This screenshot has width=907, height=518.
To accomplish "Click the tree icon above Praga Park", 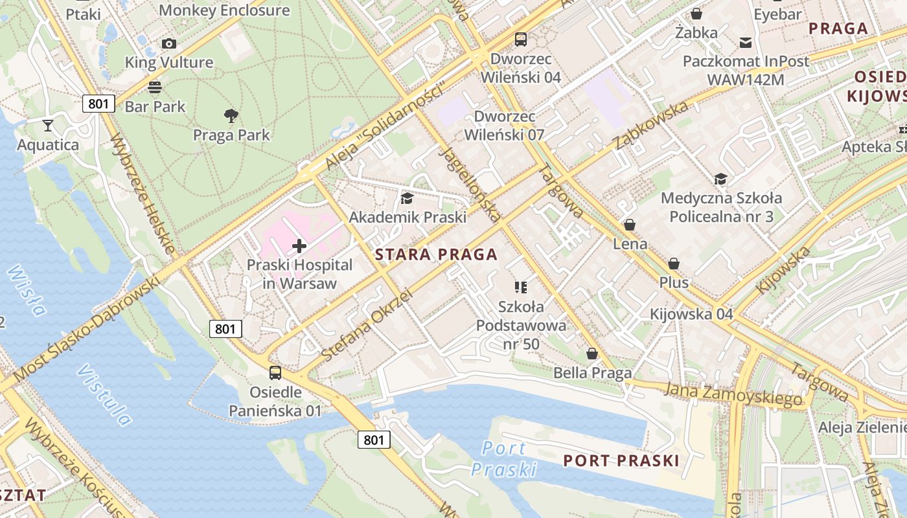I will tap(231, 116).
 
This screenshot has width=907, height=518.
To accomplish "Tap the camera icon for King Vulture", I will tap(169, 43).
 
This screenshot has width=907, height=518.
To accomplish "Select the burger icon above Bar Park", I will tap(155, 87).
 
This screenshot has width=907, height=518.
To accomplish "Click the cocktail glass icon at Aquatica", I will tap(48, 125).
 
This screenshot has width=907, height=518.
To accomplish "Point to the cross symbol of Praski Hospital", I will tap(299, 246).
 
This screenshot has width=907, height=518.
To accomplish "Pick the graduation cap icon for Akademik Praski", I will tap(407, 198).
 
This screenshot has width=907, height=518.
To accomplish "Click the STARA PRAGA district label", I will tap(437, 254).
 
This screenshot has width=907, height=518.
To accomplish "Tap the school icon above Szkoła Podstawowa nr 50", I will tap(521, 287).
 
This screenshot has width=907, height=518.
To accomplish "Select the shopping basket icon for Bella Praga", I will tap(592, 354).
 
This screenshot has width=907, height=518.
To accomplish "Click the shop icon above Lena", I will tap(630, 225).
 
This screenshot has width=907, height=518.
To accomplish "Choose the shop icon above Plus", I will tap(674, 264).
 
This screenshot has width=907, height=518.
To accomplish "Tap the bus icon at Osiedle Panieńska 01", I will tap(275, 372).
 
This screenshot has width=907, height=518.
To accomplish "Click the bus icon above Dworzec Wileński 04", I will tap(521, 39).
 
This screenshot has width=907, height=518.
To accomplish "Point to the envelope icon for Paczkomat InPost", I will tap(746, 42).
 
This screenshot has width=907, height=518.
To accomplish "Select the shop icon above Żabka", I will tap(696, 14).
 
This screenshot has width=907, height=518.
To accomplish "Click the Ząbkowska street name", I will tap(651, 124).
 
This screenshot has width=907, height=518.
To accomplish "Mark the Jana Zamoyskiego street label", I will tap(733, 394).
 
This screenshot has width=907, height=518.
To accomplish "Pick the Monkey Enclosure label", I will tap(224, 10).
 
